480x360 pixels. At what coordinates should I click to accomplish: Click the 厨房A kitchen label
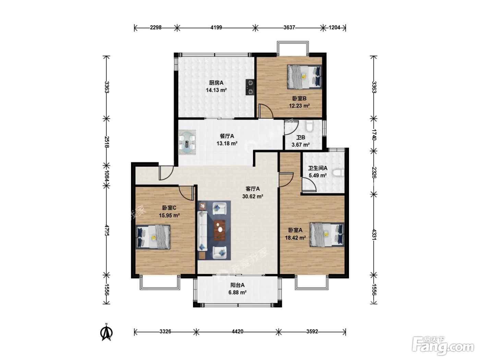[x=216, y=83]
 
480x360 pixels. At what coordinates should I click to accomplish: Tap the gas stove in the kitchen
[x=250, y=87]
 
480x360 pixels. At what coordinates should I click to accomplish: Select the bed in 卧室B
[x=304, y=77]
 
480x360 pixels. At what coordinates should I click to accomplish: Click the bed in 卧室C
[x=153, y=237]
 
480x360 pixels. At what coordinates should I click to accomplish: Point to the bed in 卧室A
[x=327, y=235]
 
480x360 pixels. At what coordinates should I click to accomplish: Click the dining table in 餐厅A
[x=187, y=143]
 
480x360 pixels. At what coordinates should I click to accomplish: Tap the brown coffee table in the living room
[x=219, y=230]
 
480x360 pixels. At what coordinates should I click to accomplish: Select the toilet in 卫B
[x=309, y=127]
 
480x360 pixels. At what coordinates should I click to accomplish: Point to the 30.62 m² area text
[x=253, y=196]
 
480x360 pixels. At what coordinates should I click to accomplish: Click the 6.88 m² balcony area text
[x=238, y=292]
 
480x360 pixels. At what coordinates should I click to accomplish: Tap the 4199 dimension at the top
[x=216, y=27]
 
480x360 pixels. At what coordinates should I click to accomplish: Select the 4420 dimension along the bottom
[x=238, y=332]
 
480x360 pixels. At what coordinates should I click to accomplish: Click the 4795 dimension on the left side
[x=107, y=230]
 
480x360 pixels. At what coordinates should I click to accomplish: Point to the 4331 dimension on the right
[x=374, y=235]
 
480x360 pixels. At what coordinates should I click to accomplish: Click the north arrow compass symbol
[x=106, y=333]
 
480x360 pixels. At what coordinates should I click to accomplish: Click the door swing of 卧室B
[x=266, y=111]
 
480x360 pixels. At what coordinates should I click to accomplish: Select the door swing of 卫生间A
[x=309, y=185]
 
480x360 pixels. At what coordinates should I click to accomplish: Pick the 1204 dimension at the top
[x=335, y=27]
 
